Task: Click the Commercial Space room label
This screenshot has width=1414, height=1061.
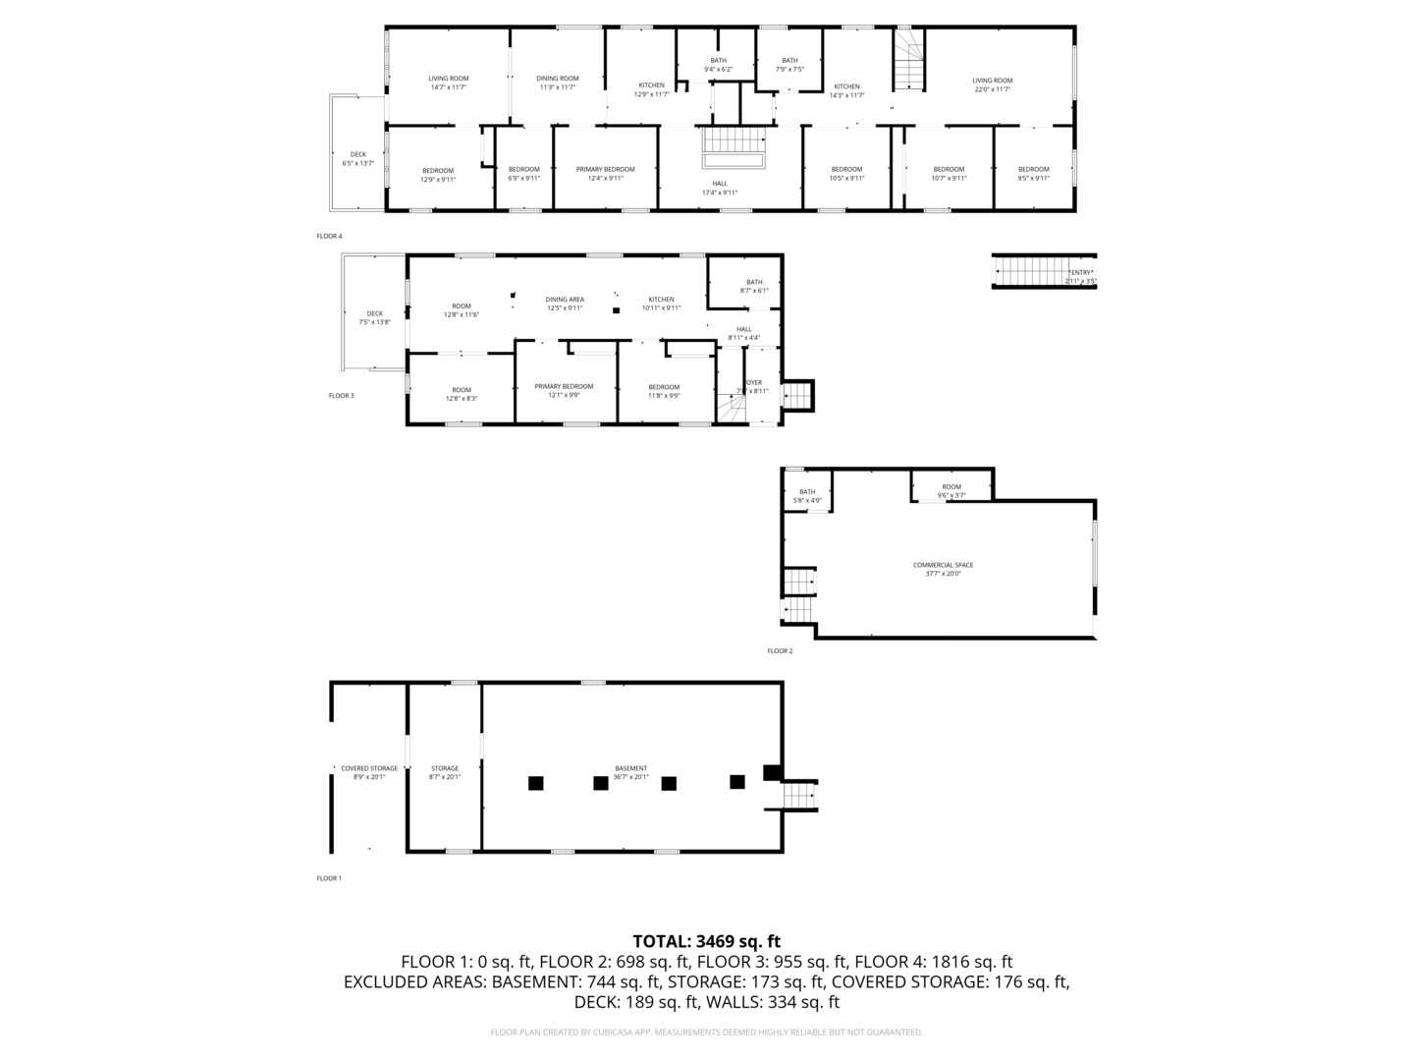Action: pyautogui.click(x=943, y=569)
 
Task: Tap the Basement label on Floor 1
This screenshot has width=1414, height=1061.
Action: pyautogui.click(x=630, y=772)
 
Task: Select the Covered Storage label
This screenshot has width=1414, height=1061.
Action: pyautogui.click(x=369, y=772)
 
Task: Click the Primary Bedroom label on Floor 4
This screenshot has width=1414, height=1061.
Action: pyautogui.click(x=605, y=174)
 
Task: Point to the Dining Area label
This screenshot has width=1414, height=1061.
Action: pyautogui.click(x=565, y=304)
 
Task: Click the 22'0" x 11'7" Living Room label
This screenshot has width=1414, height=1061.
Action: pyautogui.click(x=992, y=84)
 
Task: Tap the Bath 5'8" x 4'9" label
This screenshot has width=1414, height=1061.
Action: pyautogui.click(x=807, y=496)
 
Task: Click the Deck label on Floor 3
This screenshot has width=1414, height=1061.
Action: pyautogui.click(x=374, y=317)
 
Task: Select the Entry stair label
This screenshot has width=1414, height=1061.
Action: pyautogui.click(x=1080, y=277)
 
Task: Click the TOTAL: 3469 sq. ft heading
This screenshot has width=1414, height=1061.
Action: pyautogui.click(x=706, y=941)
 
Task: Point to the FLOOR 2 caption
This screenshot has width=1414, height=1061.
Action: pyautogui.click(x=780, y=650)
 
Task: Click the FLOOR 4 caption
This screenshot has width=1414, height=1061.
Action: pyautogui.click(x=329, y=236)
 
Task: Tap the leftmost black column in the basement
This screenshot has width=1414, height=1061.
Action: pyautogui.click(x=535, y=783)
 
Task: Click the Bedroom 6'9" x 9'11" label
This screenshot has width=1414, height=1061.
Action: pyautogui.click(x=523, y=174)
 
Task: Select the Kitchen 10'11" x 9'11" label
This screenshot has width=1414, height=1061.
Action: pyautogui.click(x=661, y=304)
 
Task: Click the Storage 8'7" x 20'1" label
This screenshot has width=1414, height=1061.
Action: pyautogui.click(x=445, y=772)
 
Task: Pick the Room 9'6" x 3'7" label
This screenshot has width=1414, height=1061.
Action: pyautogui.click(x=952, y=491)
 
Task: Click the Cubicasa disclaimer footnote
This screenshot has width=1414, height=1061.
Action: pyautogui.click(x=706, y=1033)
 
